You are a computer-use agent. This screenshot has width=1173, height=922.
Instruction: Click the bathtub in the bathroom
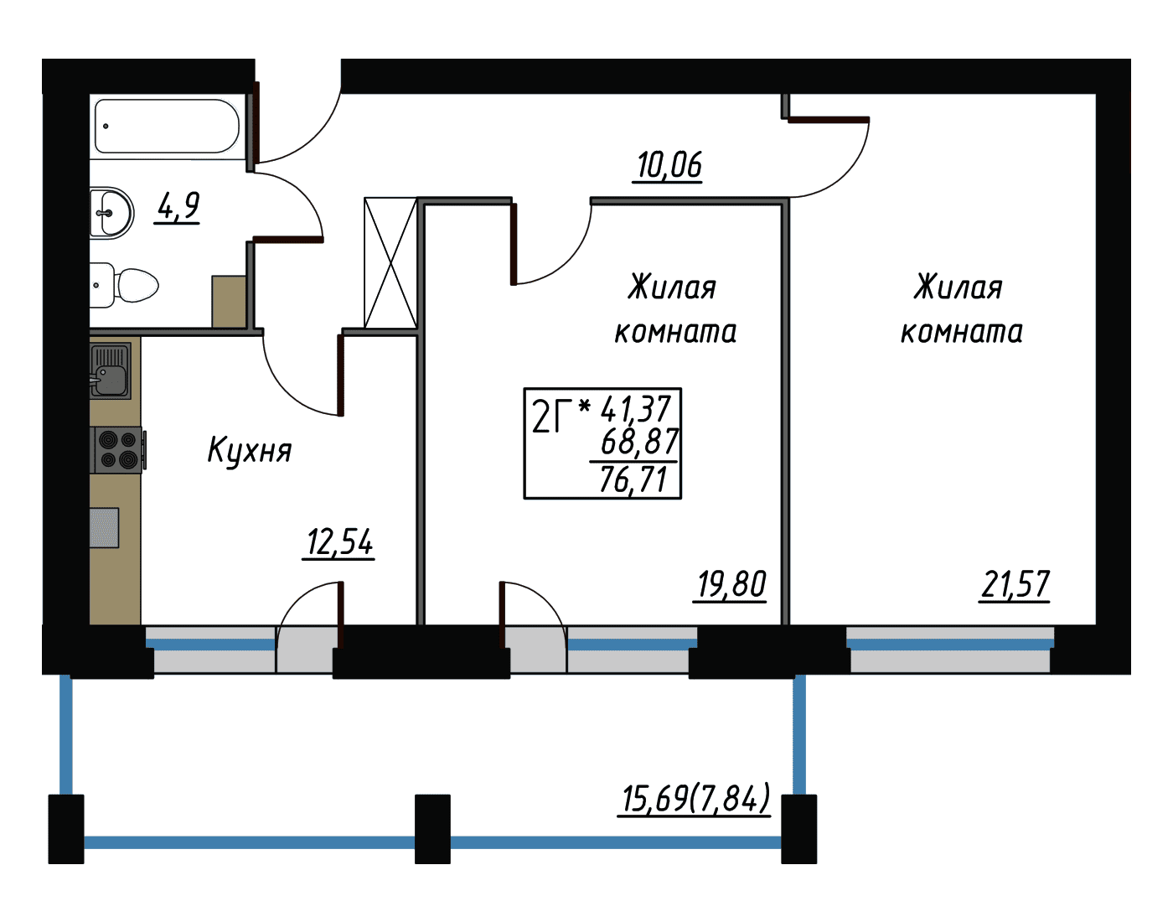[x=167, y=127]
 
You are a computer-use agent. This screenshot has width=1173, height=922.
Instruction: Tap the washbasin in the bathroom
[x=111, y=213]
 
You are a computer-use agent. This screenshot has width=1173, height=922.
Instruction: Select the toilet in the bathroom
[x=124, y=286]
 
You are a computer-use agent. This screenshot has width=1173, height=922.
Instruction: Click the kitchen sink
[x=110, y=370]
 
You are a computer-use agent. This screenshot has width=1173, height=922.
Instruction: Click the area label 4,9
[x=178, y=207]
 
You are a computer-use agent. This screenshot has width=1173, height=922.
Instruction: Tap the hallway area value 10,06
[x=669, y=166]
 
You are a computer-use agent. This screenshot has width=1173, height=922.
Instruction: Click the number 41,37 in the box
[x=636, y=409]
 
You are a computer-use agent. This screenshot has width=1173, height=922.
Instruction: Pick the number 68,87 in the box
[x=639, y=442]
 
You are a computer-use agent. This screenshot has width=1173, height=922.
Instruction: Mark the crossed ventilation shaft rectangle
[x=390, y=263]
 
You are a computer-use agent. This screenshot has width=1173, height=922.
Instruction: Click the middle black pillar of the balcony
[x=432, y=829]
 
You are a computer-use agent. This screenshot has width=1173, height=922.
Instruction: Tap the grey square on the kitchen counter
[x=104, y=527]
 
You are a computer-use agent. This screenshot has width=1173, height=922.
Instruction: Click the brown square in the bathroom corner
[x=229, y=302]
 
